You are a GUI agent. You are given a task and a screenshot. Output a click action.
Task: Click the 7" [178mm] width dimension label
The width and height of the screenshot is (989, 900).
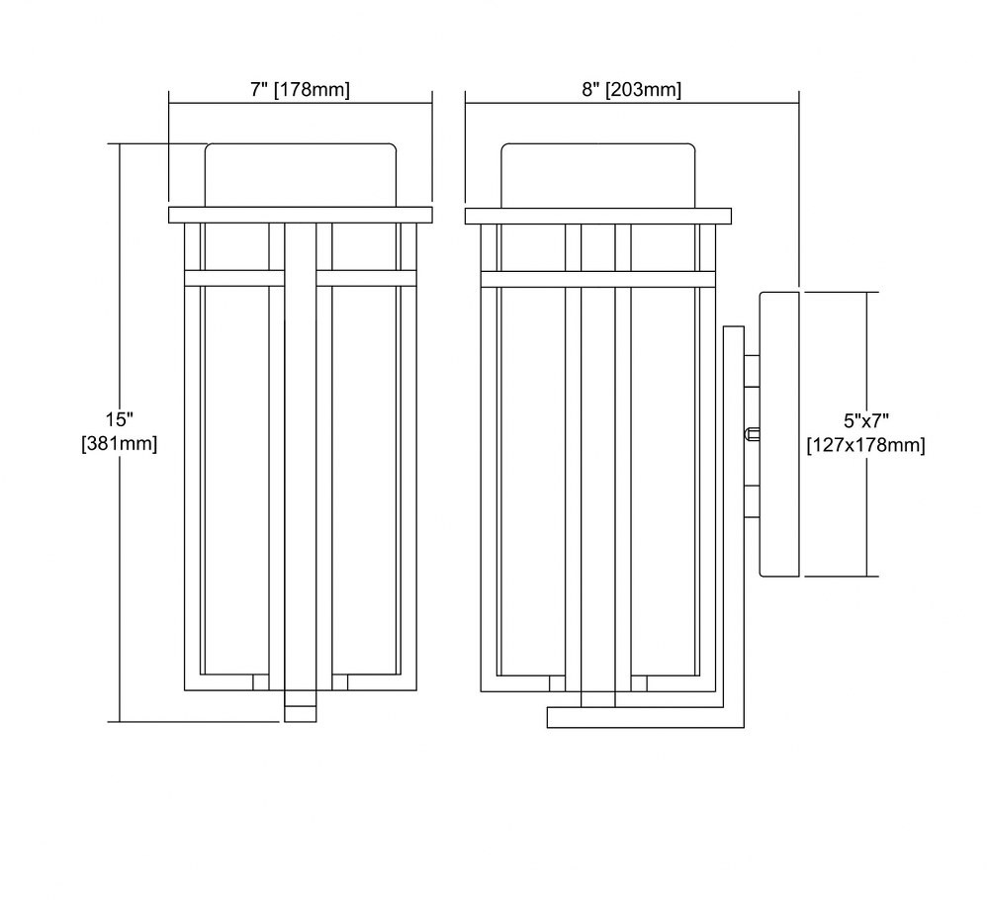[x=300, y=90]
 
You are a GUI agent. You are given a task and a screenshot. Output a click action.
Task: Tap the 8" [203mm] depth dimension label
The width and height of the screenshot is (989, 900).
[x=631, y=90]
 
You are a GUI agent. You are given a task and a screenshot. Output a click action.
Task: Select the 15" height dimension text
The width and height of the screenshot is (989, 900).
[x=119, y=419]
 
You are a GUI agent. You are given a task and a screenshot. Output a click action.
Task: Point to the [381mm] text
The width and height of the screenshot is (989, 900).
[x=120, y=444]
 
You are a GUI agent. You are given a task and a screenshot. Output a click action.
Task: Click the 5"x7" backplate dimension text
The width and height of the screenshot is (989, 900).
[x=866, y=420]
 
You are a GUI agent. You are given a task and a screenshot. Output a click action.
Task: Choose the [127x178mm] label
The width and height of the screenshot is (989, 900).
[x=866, y=445]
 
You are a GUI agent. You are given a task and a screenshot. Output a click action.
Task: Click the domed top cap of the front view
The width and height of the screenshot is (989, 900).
[x=301, y=175]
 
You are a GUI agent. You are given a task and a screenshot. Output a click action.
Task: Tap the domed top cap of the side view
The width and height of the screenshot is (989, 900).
[x=598, y=175]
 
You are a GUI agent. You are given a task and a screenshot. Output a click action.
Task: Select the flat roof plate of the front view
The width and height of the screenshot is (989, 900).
[x=301, y=215]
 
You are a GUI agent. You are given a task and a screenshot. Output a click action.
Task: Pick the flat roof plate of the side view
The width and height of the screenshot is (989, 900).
[x=598, y=216]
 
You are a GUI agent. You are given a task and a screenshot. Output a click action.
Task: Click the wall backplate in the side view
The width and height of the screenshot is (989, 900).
[x=779, y=434]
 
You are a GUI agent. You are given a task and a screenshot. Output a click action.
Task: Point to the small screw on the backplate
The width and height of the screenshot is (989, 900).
[x=752, y=434]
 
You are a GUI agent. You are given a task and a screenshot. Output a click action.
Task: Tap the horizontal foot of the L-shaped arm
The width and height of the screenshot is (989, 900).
[x=645, y=718]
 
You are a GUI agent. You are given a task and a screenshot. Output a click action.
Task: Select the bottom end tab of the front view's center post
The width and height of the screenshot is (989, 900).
[x=301, y=706]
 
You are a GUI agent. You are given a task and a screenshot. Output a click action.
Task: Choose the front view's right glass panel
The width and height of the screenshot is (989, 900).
[x=365, y=480]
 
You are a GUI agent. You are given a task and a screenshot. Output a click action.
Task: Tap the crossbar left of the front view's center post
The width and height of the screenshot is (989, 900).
[x=234, y=279]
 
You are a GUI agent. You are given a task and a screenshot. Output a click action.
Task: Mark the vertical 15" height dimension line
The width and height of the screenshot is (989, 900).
[x=120, y=432]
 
